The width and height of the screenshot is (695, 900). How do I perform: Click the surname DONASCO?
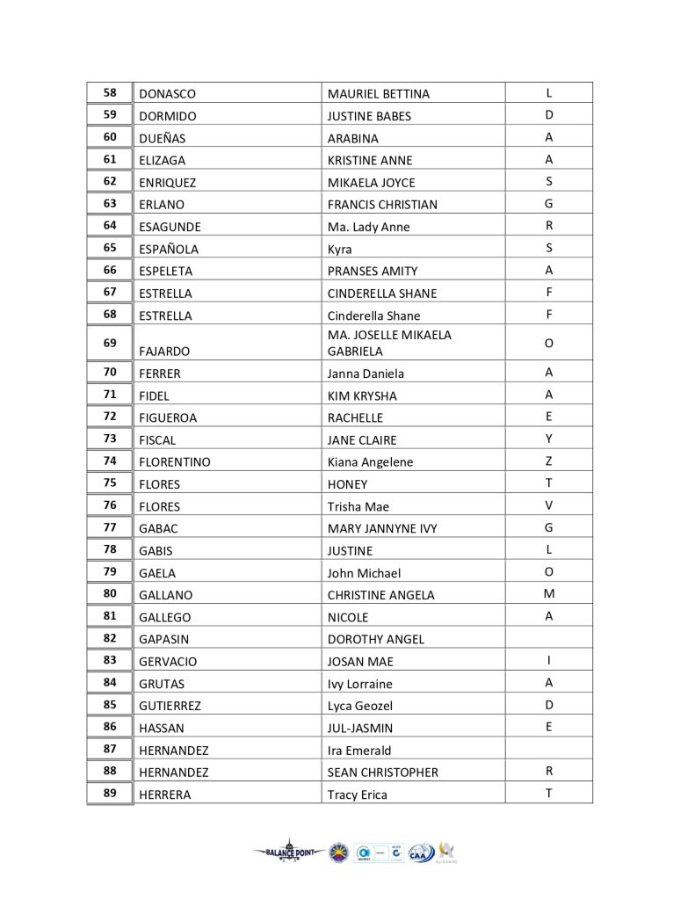[x=167, y=94]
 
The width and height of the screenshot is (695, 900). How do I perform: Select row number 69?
[x=110, y=342]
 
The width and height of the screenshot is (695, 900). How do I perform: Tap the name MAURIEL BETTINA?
[x=378, y=94]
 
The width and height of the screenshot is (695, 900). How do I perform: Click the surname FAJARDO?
[x=164, y=351]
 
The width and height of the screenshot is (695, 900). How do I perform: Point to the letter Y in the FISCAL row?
[x=548, y=439]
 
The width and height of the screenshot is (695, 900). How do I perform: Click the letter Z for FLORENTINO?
[x=548, y=461]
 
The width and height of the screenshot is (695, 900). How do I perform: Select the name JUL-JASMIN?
[x=360, y=728]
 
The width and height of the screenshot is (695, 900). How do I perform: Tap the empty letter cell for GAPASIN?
[x=548, y=638]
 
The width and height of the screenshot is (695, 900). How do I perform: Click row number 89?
[x=110, y=794]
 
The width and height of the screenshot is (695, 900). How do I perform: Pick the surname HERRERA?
[x=165, y=795]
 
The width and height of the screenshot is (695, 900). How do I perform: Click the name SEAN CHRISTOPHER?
[x=382, y=773]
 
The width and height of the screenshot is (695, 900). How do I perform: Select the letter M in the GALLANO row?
[x=548, y=593]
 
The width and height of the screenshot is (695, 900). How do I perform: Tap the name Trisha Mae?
[x=358, y=506]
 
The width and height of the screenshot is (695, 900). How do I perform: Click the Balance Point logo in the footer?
[x=289, y=851]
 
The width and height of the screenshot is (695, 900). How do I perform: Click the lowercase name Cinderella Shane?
[x=373, y=316]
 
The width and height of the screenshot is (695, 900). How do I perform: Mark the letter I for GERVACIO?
[x=548, y=660]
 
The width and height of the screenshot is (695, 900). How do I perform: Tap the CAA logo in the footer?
[x=421, y=853]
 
